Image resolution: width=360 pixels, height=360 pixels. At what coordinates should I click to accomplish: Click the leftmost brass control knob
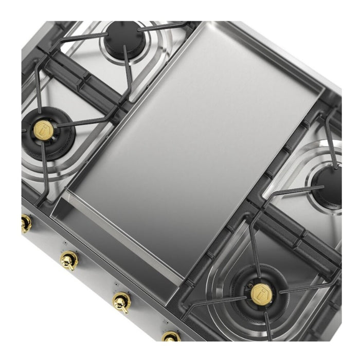25,223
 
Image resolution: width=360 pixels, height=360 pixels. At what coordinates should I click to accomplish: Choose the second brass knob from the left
68,260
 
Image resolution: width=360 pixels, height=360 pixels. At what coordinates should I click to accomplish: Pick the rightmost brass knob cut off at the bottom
171,337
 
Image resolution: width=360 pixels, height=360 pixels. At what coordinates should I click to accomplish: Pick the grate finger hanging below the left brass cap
45,170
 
